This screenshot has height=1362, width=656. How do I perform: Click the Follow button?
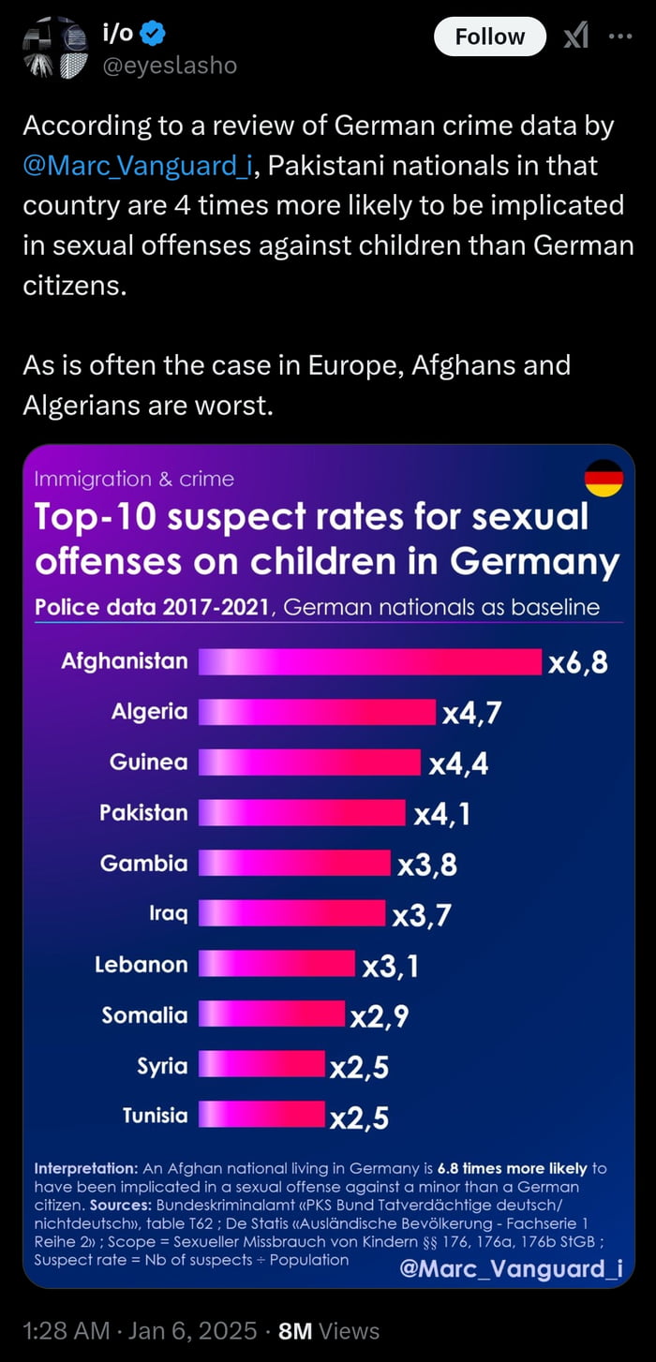click(x=489, y=37)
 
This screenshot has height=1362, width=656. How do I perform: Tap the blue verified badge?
click(x=154, y=35)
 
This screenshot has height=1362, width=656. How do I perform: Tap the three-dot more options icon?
click(x=620, y=37)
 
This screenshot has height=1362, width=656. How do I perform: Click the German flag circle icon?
click(x=604, y=479)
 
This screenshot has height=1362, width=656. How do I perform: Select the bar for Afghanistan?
click(x=370, y=661)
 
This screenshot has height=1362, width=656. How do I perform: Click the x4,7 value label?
click(x=471, y=713)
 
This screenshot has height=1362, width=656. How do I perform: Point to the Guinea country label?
click(x=148, y=762)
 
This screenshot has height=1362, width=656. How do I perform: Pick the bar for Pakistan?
click(x=302, y=813)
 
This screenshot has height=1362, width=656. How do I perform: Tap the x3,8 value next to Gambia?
click(x=427, y=864)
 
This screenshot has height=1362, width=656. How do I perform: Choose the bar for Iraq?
click(x=291, y=913)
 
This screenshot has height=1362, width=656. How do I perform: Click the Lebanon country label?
click(x=141, y=964)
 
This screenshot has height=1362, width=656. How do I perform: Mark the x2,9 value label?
click(x=379, y=1015)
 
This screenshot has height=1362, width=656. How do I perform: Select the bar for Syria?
click(x=261, y=1065)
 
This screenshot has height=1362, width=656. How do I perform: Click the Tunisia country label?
click(x=155, y=1116)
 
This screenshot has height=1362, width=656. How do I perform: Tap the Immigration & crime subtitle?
click(x=134, y=480)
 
